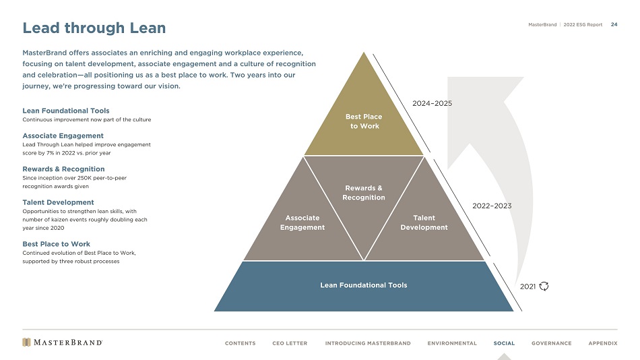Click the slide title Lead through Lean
click(94, 28)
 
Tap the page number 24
click(614, 24)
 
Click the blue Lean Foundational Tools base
click(364, 286)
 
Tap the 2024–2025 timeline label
click(433, 103)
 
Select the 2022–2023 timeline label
click(492, 206)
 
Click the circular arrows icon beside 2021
click(544, 286)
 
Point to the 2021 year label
click(527, 287)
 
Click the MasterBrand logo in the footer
click(63, 342)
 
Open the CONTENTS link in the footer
click(240, 343)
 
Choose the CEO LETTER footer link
click(290, 343)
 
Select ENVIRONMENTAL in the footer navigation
click(452, 343)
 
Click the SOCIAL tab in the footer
click(504, 343)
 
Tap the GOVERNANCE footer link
click(552, 343)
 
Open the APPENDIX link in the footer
click(603, 343)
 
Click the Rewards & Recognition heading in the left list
click(64, 169)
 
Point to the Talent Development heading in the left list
click(59, 202)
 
